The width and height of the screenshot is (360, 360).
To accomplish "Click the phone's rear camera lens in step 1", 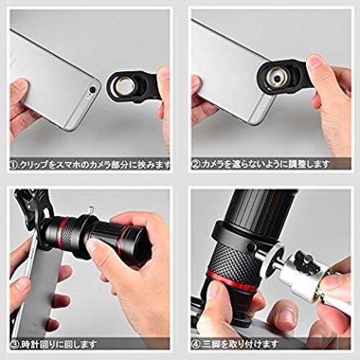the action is pyautogui.click(x=92, y=90).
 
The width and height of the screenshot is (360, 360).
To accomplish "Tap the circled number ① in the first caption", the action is pyautogui.click(x=14, y=165).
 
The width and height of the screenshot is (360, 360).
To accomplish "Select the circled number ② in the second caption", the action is pyautogui.click(x=196, y=165).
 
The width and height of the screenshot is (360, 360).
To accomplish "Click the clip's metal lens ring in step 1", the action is pyautogui.click(x=124, y=86).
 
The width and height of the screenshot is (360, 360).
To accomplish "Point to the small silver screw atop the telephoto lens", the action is pyautogui.click(x=91, y=211).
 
